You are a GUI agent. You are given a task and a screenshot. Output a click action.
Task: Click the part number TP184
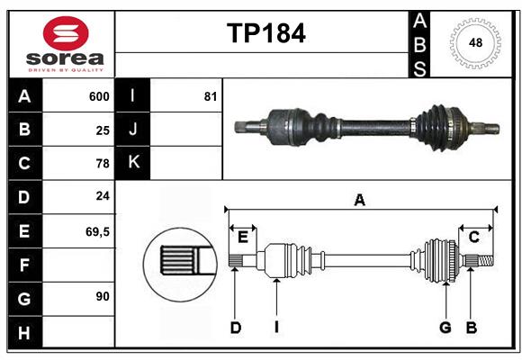(265, 33)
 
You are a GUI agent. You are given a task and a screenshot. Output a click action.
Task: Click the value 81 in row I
(211, 96)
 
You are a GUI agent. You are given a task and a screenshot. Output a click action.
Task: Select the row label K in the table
(133, 163)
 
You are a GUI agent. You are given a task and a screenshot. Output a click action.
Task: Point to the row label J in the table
(133, 130)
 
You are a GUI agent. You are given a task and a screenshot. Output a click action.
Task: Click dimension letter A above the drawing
(359, 200)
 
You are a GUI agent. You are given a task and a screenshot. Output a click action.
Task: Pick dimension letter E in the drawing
(243, 237)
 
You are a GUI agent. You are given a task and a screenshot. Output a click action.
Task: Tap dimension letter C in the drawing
(473, 237)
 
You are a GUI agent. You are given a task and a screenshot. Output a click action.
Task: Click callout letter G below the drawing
(445, 328)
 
